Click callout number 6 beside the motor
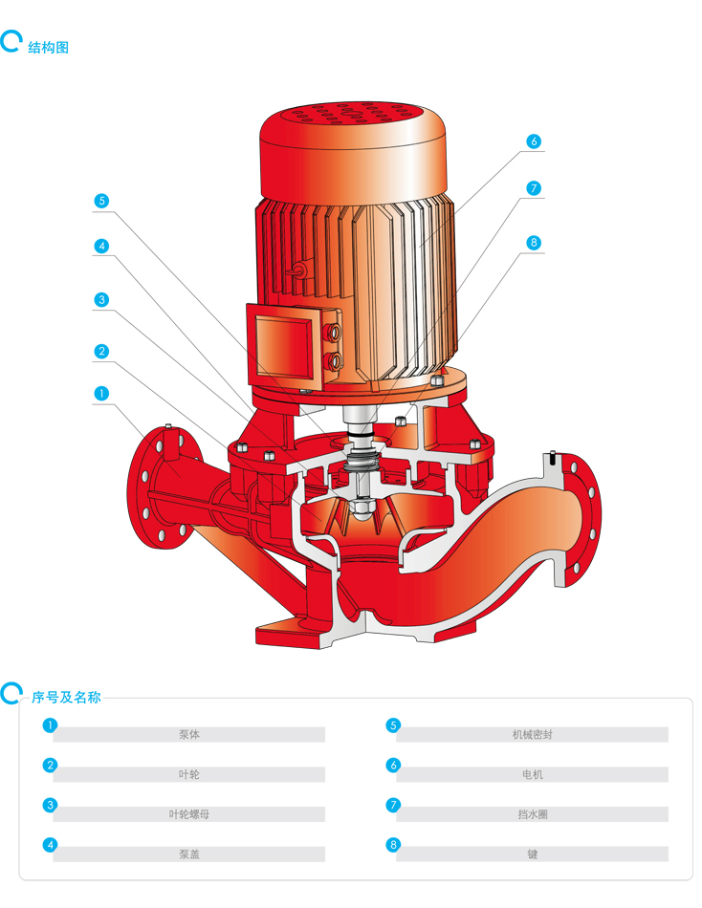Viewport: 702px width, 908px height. pyautogui.click(x=534, y=141)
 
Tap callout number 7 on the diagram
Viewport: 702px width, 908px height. pyautogui.click(x=534, y=188)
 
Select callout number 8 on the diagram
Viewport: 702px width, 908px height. pyautogui.click(x=534, y=243)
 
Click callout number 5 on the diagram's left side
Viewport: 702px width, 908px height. pyautogui.click(x=101, y=201)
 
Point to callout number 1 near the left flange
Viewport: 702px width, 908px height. pyautogui.click(x=101, y=394)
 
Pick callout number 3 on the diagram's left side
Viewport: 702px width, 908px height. pyautogui.click(x=101, y=300)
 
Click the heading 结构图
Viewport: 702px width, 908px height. pyautogui.click(x=48, y=48)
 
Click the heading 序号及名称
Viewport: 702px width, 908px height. pyautogui.click(x=66, y=697)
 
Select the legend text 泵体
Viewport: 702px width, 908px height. pyautogui.click(x=189, y=734)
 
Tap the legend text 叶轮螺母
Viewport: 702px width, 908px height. pyautogui.click(x=189, y=814)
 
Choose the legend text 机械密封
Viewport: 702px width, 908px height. pyautogui.click(x=532, y=734)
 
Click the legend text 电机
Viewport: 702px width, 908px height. pyautogui.click(x=532, y=774)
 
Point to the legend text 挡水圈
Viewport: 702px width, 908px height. pyautogui.click(x=532, y=814)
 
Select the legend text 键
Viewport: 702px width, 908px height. pyautogui.click(x=532, y=854)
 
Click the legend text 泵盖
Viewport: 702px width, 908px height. pyautogui.click(x=189, y=854)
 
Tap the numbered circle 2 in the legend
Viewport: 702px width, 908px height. pyautogui.click(x=51, y=766)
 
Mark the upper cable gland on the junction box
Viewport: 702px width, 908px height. pyautogui.click(x=335, y=332)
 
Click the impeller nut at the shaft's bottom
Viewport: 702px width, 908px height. pyautogui.click(x=361, y=508)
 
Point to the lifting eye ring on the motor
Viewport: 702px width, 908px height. pyautogui.click(x=299, y=270)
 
